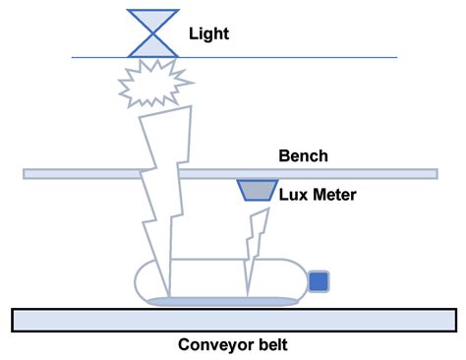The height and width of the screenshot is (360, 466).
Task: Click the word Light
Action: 209,32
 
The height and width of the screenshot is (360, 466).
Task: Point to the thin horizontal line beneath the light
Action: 295,57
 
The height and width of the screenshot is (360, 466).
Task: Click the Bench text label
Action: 303,155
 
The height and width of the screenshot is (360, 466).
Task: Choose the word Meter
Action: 334,195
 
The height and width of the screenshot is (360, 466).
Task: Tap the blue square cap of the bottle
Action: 319,282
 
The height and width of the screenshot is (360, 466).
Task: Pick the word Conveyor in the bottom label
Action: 213,345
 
